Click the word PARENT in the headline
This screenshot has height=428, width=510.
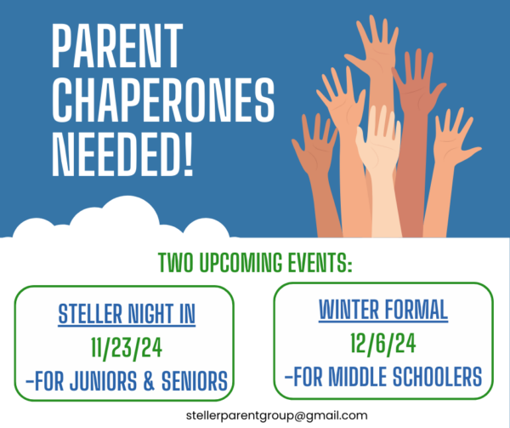pos(116,46)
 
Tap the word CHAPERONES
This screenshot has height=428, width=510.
pos(163,100)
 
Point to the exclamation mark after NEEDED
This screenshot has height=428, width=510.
pos(188,154)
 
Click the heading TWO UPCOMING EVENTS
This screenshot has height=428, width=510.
pos(255,262)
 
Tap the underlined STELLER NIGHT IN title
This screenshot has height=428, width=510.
pos(127,314)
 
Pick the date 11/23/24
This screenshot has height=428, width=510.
pos(127,348)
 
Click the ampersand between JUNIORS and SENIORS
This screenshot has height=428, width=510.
pos(149,381)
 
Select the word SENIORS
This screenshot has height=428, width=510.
pos(195,381)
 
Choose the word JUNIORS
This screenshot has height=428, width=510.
pos(104,381)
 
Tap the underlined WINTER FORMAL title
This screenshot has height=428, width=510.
pos(383,311)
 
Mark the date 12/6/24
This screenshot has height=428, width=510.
pos(383,344)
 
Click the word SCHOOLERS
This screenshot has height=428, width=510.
pos(437,377)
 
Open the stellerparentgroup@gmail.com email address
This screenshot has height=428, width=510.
pos(277,415)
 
